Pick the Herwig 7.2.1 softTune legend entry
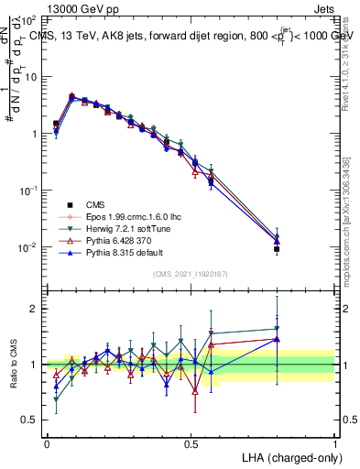click(121, 228)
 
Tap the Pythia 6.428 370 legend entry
click(115, 240)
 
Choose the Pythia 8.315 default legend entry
click(119, 252)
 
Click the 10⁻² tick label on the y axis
click(29, 247)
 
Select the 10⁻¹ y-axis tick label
click(29, 191)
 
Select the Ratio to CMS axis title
click(15, 365)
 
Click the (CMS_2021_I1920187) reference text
click(191, 274)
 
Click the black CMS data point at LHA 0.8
click(277, 248)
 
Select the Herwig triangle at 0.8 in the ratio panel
click(277, 329)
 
